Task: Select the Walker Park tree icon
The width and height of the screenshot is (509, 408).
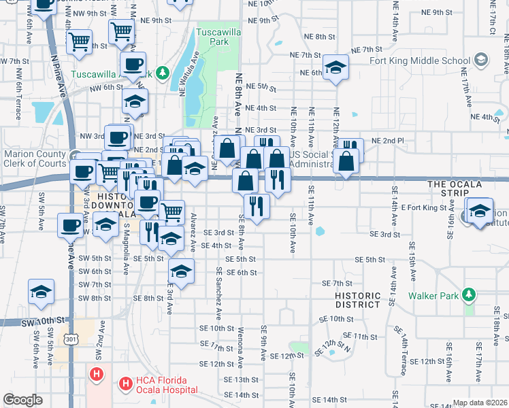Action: pyautogui.click(x=468, y=295)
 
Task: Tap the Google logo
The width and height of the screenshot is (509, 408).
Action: pyautogui.click(x=22, y=400)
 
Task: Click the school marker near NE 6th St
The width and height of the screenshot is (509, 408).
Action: pyautogui.click(x=335, y=67)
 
